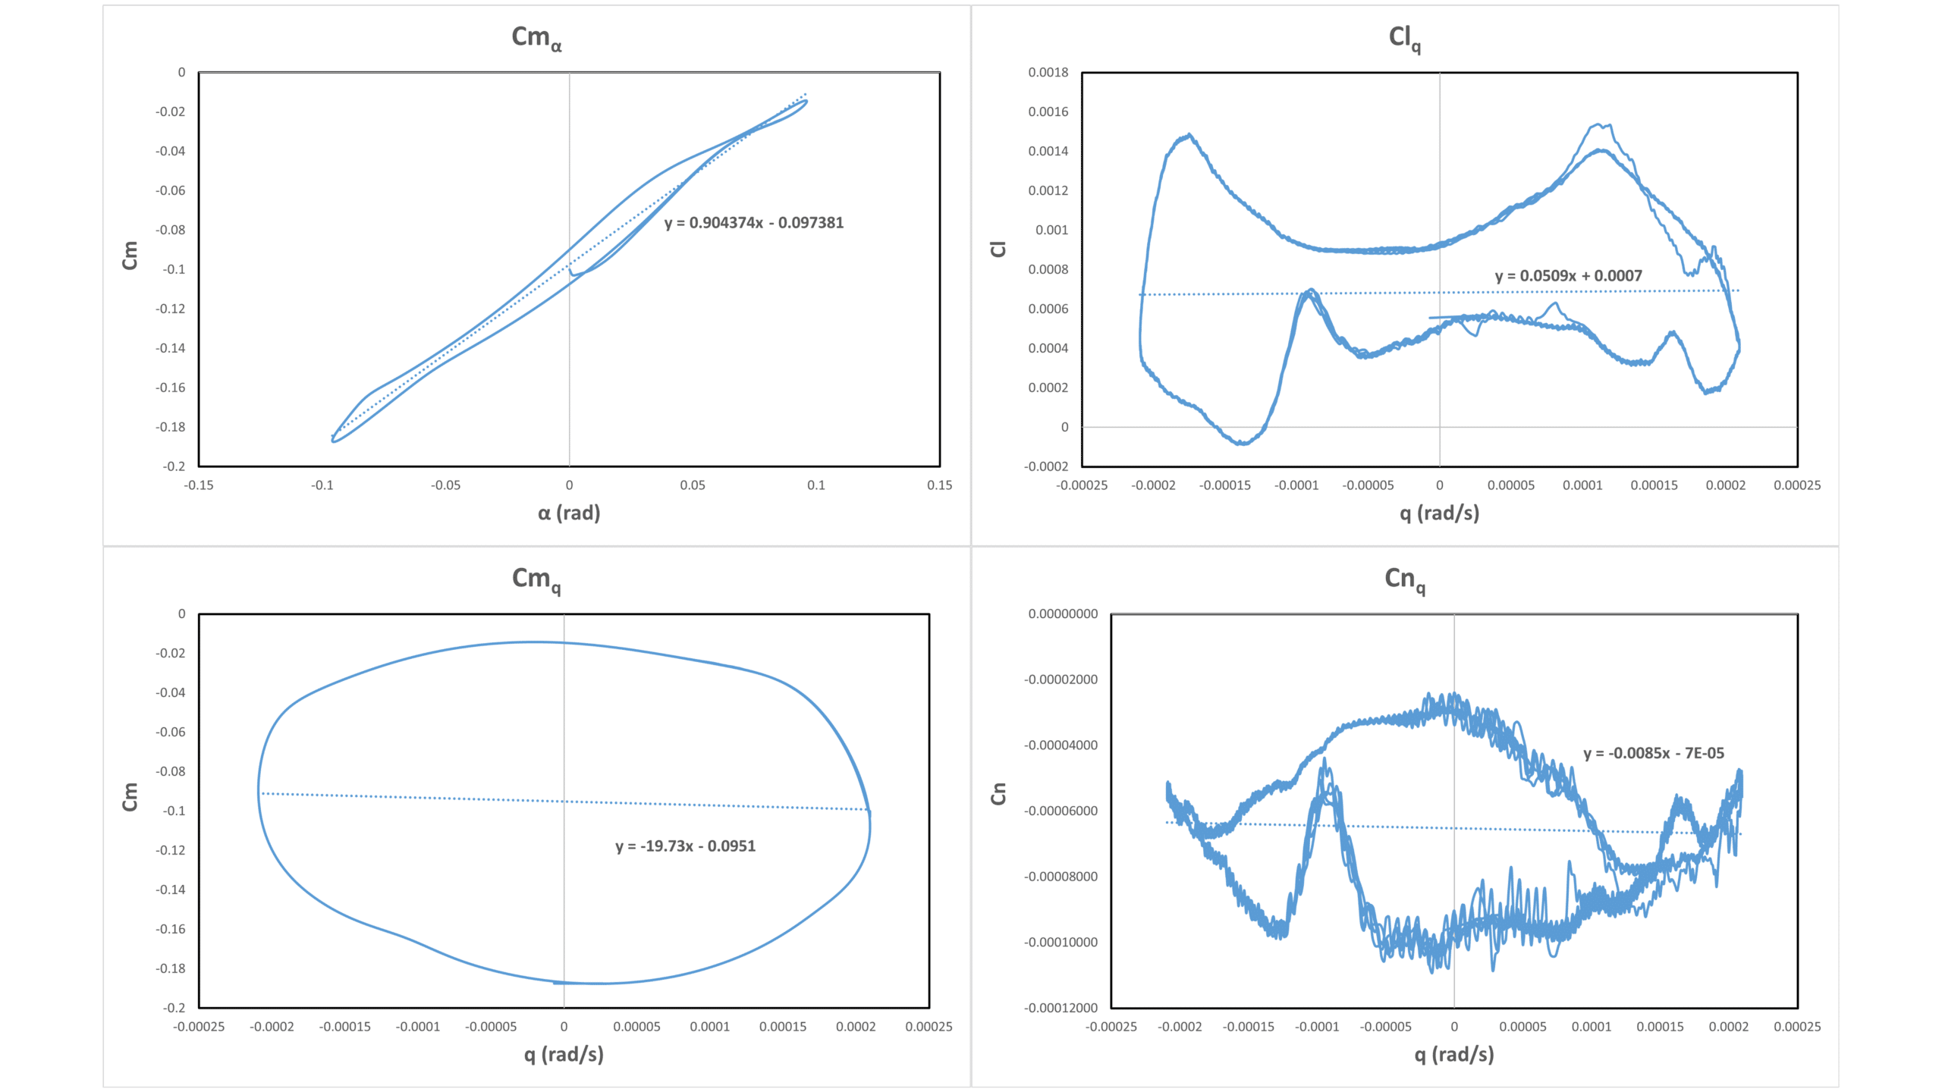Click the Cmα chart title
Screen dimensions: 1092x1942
coord(536,37)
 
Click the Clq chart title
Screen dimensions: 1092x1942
coord(1404,37)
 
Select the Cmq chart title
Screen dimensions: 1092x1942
coord(536,579)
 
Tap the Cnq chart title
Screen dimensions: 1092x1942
coord(1404,579)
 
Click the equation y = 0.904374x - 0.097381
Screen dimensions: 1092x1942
coord(753,223)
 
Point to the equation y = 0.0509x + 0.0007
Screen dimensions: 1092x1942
coord(1568,276)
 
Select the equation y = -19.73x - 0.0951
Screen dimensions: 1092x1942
coord(685,846)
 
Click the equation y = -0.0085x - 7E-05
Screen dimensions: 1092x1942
coord(1653,753)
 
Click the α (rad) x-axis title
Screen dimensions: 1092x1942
coord(569,513)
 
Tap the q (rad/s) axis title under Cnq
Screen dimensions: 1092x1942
coord(1453,1054)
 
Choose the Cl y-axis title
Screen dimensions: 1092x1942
coord(998,249)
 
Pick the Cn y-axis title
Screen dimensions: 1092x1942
coord(998,794)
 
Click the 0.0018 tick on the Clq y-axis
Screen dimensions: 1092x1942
coord(1048,73)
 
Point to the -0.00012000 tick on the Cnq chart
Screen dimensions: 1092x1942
coord(1061,1008)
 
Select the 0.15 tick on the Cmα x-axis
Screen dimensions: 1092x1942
coord(939,485)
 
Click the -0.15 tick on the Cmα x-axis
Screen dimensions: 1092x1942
coord(199,485)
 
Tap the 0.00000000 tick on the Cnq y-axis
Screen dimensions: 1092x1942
coord(1063,614)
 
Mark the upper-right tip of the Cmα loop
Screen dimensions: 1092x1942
coord(806,100)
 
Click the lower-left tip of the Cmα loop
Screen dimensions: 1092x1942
coord(333,440)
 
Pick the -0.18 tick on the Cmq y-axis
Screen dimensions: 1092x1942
coord(171,968)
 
